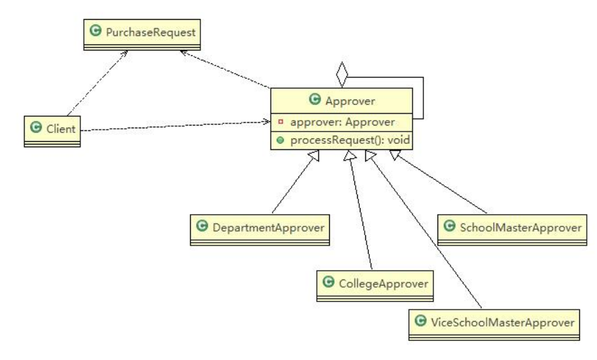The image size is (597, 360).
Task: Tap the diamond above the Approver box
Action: pyautogui.click(x=342, y=74)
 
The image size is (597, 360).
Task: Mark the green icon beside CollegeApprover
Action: pyautogui.click(x=328, y=280)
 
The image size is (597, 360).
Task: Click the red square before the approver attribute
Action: pyautogui.click(x=280, y=123)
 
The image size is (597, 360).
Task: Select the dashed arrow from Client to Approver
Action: pyautogui.click(x=170, y=126)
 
